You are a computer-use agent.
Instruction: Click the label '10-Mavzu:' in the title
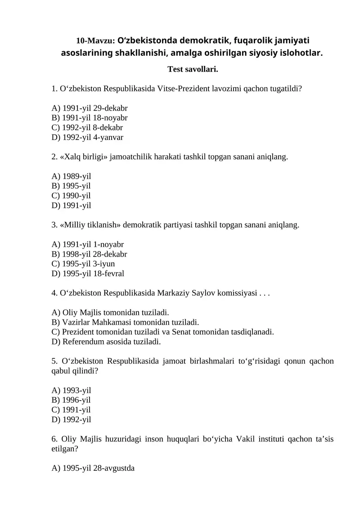[x=96, y=40]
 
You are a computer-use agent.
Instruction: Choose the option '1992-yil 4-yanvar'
[x=88, y=138]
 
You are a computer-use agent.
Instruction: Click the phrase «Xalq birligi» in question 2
[x=81, y=157]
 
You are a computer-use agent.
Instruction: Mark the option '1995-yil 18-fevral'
[x=88, y=274]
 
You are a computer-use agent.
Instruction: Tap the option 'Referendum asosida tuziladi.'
[x=106, y=342]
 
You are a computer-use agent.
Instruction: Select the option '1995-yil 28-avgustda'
[x=94, y=468]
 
